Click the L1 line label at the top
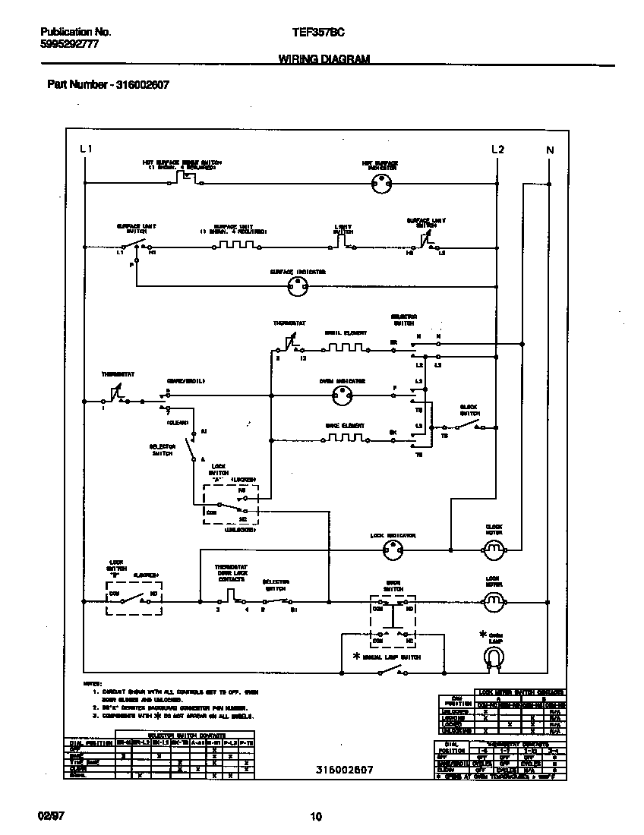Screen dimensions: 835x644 click(x=86, y=150)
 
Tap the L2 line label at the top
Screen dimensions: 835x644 click(x=497, y=150)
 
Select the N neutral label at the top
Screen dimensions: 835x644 click(x=550, y=150)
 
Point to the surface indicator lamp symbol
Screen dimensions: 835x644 click(x=298, y=286)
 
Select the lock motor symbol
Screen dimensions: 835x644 click(x=494, y=602)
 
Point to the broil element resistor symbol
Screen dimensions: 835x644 click(x=346, y=348)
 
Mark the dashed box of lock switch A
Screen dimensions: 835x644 click(x=231, y=503)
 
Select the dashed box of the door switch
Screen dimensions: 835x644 click(x=392, y=620)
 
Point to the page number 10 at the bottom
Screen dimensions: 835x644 click(x=317, y=817)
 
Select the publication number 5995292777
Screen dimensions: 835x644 click(x=69, y=45)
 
